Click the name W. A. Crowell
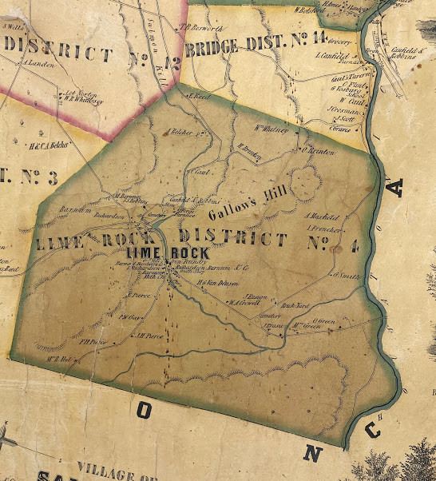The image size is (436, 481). coord(242,302)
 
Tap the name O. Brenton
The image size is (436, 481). coord(317,151)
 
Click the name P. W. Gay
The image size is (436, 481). coord(129,317)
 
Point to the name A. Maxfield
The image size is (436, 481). coord(323,217)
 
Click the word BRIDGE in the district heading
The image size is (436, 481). coord(213,47)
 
